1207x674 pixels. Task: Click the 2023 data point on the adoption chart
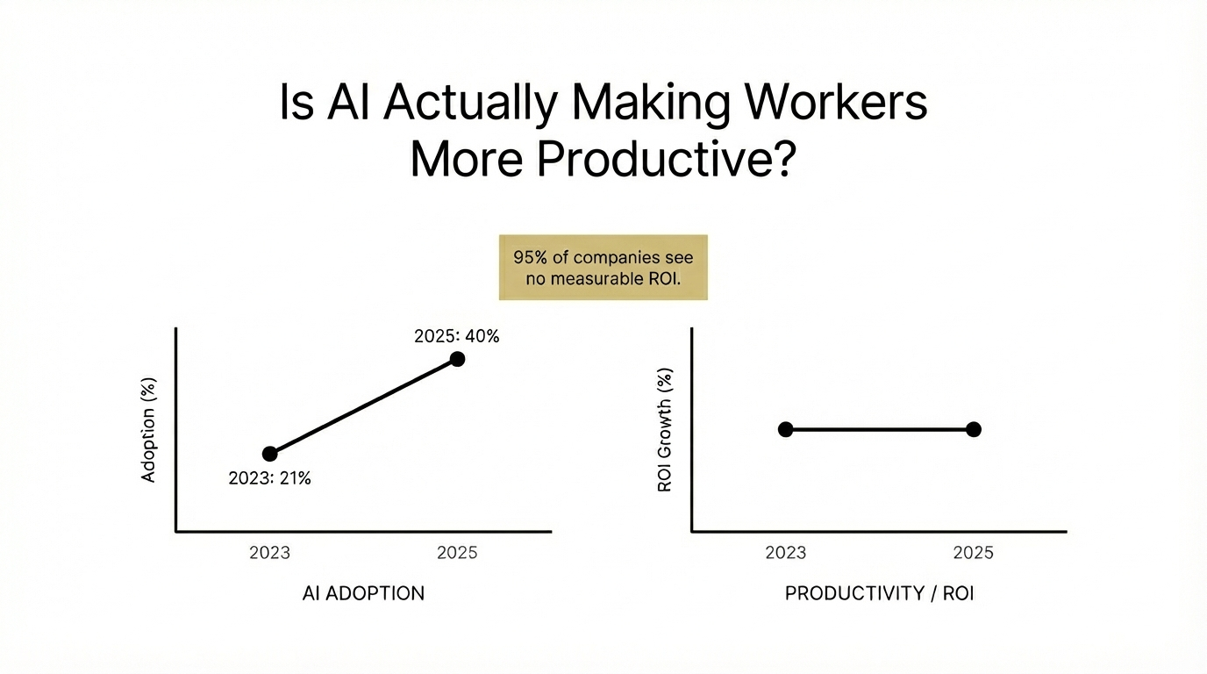point(270,454)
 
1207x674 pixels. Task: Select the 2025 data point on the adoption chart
point(457,358)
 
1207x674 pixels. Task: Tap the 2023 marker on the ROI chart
point(785,429)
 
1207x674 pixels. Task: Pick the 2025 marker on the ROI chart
point(973,429)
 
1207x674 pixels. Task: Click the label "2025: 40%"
point(456,335)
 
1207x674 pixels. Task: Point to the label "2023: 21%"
point(269,479)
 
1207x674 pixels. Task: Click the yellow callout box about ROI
point(603,268)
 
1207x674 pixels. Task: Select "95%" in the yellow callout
point(530,258)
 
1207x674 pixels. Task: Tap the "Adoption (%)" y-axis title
point(148,430)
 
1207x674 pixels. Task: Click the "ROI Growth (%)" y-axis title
point(664,429)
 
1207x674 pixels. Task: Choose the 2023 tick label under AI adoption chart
point(269,553)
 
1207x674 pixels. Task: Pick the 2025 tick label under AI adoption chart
point(456,553)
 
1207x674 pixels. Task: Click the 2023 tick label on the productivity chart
point(785,553)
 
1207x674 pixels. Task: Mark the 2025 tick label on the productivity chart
point(973,553)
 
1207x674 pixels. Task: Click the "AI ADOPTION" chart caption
point(363,593)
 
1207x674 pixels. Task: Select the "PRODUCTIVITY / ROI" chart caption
point(879,593)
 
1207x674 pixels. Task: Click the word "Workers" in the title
point(836,104)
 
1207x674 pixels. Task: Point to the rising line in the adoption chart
point(363,406)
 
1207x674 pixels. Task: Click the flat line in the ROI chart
point(879,429)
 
